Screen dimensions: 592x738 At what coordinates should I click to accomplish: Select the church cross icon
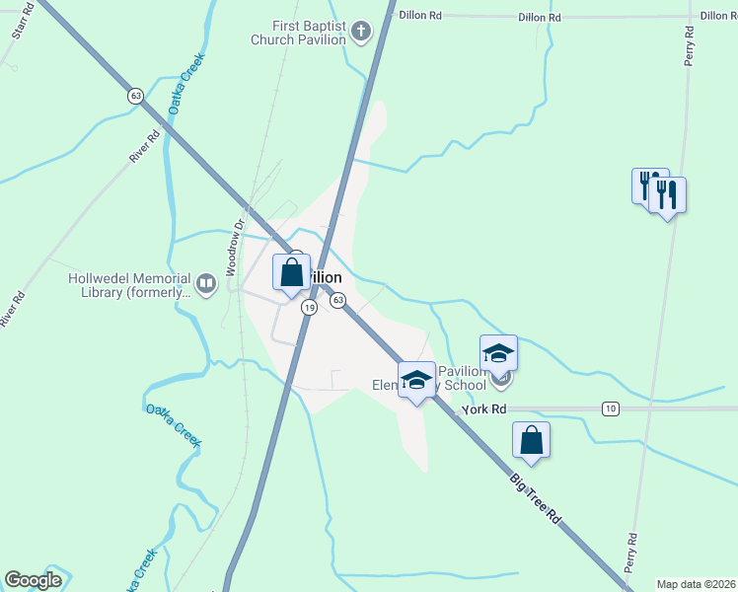pos(361,32)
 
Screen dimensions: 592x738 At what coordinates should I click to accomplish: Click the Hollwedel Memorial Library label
pos(129,285)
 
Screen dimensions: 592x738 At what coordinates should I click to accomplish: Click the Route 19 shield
pos(310,308)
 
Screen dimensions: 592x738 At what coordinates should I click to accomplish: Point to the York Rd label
pos(484,408)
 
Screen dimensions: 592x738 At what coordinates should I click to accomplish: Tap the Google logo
pos(33,580)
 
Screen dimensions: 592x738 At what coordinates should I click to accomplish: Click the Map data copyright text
pos(697,584)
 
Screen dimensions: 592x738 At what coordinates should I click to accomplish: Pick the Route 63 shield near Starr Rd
pos(135,96)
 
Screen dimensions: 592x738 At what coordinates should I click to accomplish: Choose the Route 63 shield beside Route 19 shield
pos(337,300)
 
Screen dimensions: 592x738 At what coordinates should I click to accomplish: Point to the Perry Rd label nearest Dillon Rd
pos(691,39)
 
